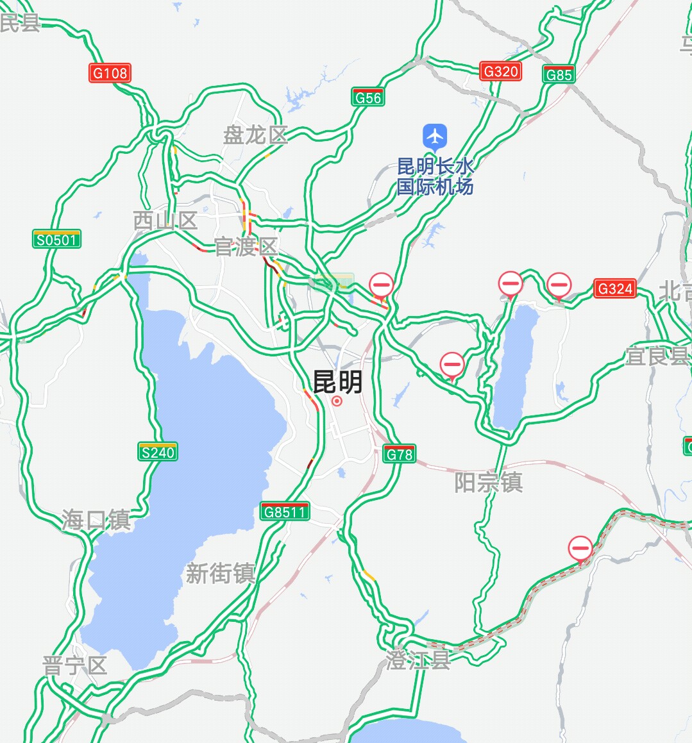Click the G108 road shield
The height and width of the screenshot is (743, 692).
[x=110, y=73]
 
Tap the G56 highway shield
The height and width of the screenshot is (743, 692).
[x=367, y=97]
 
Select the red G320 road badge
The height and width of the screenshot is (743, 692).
[x=500, y=71]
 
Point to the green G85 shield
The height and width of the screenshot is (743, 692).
[x=558, y=74]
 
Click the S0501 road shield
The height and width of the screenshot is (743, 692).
[x=57, y=240]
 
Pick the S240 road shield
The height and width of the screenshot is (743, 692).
[x=158, y=452]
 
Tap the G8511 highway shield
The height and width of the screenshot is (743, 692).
[x=285, y=512]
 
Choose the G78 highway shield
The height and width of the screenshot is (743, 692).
[x=399, y=454]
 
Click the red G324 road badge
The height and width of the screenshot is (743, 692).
[x=615, y=288]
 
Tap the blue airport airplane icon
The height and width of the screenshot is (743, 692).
[x=435, y=136]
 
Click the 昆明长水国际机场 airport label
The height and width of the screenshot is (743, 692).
[x=435, y=176]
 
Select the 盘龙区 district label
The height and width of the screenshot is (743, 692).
[x=255, y=135]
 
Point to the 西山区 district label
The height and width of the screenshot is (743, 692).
[x=165, y=221]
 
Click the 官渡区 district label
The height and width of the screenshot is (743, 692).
[x=246, y=247]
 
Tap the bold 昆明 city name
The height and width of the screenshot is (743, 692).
[x=337, y=382]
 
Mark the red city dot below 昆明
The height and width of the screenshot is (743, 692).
[x=337, y=401]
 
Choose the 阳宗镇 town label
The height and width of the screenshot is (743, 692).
[x=488, y=482]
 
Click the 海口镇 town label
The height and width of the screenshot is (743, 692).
[x=96, y=519]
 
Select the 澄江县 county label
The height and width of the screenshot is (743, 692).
[x=418, y=660]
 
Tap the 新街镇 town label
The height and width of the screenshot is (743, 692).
[x=220, y=574]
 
